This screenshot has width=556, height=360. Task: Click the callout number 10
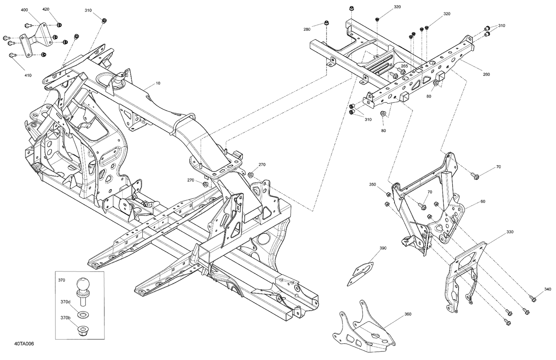[158, 83]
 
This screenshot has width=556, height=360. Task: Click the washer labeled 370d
[81, 314]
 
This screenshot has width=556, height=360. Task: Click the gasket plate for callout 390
[360, 273]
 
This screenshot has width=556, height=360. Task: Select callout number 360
[408, 314]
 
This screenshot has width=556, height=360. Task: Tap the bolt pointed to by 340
[533, 297]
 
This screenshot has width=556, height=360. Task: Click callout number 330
[510, 232]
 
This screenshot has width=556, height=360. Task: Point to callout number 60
[483, 201]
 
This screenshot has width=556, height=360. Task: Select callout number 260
[486, 74]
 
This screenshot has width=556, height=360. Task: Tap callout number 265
[404, 66]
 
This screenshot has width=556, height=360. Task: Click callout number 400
[24, 9]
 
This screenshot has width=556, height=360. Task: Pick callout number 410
[28, 75]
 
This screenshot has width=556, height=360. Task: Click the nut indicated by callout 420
[59, 25]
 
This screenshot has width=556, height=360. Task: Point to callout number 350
[373, 184]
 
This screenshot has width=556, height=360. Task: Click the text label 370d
[66, 302]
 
